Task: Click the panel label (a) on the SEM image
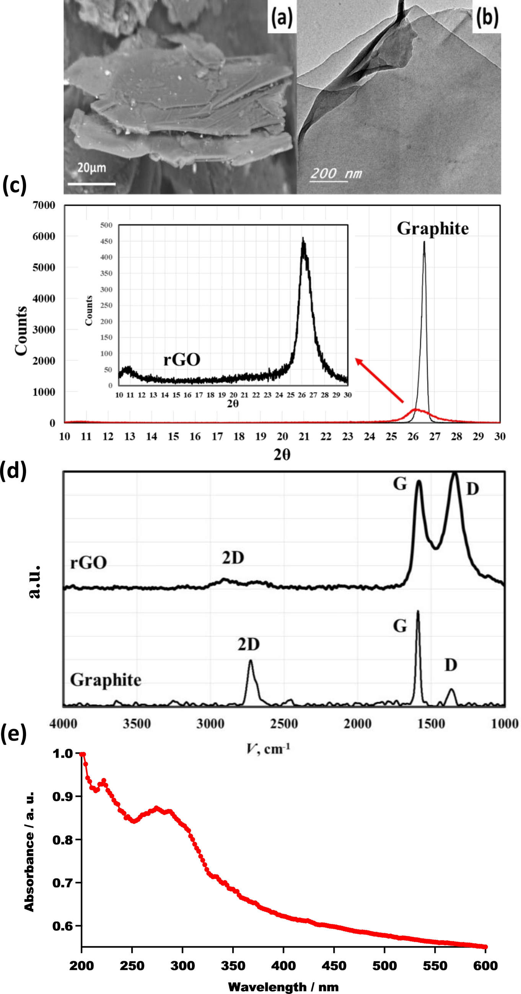pyautogui.click(x=282, y=17)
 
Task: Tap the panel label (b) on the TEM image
pyautogui.click(x=487, y=17)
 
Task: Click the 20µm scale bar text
pyautogui.click(x=91, y=168)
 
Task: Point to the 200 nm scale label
pyautogui.click(x=336, y=173)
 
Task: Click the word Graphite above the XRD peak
pyautogui.click(x=433, y=229)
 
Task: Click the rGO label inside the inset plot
pyautogui.click(x=182, y=360)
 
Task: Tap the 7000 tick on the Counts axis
pyautogui.click(x=44, y=205)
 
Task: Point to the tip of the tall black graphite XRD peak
pyautogui.click(x=424, y=242)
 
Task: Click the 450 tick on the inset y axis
pyautogui.click(x=106, y=242)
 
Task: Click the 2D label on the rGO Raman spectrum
pyautogui.click(x=233, y=558)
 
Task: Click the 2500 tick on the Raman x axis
pyautogui.click(x=284, y=724)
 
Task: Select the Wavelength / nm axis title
pyautogui.click(x=283, y=987)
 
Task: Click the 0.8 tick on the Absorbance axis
pyautogui.click(x=62, y=840)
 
